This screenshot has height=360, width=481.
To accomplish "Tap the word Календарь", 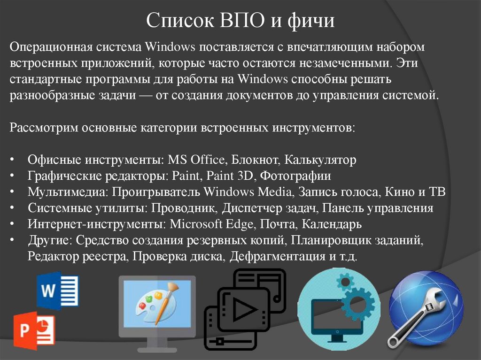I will coord(331,224).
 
